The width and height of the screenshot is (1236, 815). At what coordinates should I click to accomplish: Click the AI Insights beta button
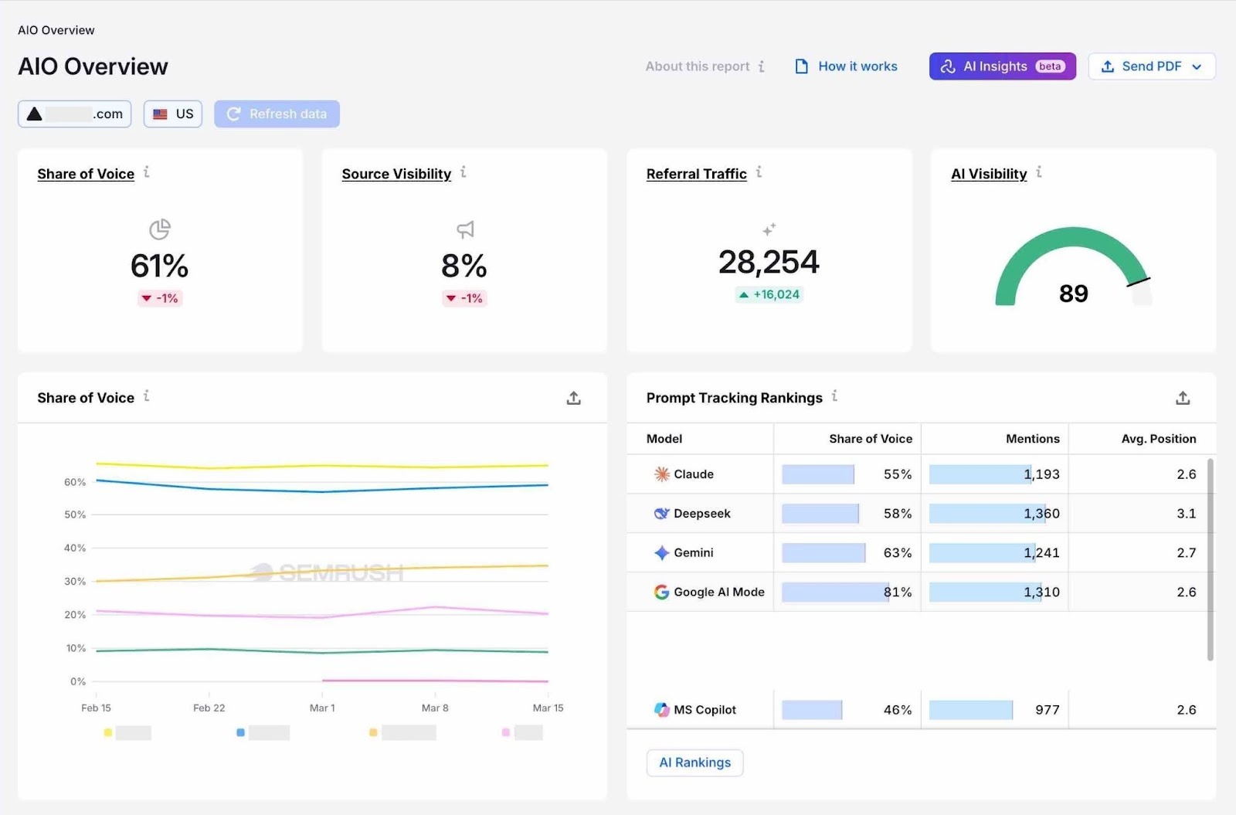[1002, 66]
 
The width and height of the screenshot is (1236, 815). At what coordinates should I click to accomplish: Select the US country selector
[173, 114]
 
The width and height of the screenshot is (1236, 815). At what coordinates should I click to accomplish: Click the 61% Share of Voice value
[159, 266]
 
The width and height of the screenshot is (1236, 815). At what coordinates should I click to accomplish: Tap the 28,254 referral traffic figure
[769, 262]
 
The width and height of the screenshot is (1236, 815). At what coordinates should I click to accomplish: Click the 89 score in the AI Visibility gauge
[1073, 294]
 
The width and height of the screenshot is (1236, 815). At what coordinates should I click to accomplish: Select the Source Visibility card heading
[396, 174]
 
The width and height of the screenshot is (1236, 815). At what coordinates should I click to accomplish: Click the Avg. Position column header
[1158, 439]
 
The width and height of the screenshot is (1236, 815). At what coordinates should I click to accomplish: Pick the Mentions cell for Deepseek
[1041, 514]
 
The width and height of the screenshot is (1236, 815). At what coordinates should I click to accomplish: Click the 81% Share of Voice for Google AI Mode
[898, 593]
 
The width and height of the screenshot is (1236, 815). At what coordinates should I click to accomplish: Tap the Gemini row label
[693, 553]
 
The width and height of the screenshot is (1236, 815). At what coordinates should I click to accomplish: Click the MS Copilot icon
[662, 710]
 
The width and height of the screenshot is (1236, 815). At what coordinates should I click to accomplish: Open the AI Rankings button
[694, 762]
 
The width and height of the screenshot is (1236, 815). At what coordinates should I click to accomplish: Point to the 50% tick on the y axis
[75, 514]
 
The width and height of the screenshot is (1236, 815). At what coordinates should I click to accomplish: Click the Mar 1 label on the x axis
[322, 708]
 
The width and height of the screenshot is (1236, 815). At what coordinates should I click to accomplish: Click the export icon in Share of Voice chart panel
[573, 398]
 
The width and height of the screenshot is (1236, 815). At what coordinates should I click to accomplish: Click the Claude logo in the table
[662, 474]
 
